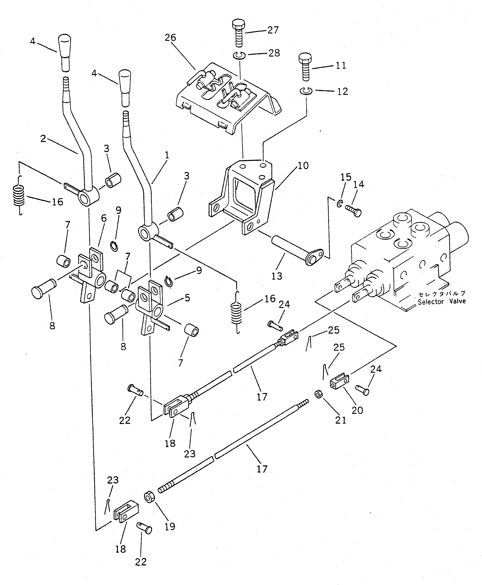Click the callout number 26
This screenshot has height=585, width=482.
pos(170,37)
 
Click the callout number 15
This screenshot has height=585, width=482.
pos(346,177)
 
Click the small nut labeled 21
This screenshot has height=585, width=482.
pos(318,394)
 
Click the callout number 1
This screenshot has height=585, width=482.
pos(167,155)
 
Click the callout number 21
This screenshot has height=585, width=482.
pos(341,420)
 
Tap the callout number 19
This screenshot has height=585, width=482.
pos(170,526)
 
